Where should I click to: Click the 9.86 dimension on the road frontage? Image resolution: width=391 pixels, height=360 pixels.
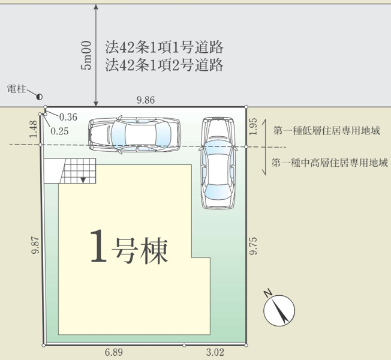(x=146, y=100)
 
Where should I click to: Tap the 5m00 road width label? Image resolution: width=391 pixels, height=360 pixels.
(x=86, y=56)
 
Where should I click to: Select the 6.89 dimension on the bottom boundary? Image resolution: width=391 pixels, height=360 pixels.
(x=114, y=353)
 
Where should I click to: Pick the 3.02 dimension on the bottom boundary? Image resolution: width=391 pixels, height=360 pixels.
(x=215, y=353)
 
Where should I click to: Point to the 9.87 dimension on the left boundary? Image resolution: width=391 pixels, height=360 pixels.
(x=35, y=245)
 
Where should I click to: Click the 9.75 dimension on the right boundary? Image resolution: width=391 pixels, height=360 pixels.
(x=253, y=246)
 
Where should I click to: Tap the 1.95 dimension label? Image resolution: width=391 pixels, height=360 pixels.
(x=253, y=127)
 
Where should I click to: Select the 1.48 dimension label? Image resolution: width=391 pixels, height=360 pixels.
(x=33, y=129)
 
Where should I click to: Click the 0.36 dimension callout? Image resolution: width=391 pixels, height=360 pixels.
(x=68, y=117)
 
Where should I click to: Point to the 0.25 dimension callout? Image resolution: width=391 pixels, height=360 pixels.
(x=59, y=131)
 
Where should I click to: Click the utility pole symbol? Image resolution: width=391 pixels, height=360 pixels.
(x=40, y=97)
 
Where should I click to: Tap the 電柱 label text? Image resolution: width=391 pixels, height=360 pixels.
(x=16, y=89)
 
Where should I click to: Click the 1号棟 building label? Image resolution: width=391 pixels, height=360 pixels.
(x=129, y=247)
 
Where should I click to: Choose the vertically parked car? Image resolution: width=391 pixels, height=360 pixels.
(x=218, y=163)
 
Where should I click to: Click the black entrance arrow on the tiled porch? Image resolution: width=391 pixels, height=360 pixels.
(x=83, y=180)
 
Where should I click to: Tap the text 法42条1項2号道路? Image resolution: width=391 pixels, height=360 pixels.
(x=164, y=65)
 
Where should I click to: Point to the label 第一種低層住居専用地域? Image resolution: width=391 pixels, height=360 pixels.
(x=327, y=131)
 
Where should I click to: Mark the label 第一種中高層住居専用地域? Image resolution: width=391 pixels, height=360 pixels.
(x=330, y=163)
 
